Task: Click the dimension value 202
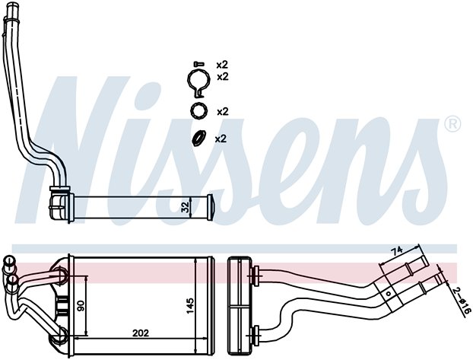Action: (x=141, y=333)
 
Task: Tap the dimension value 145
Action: (x=190, y=306)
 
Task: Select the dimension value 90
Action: (x=81, y=305)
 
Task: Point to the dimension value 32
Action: (x=186, y=207)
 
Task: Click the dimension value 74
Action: (x=396, y=251)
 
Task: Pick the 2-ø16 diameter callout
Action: (x=462, y=301)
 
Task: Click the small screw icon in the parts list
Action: (x=198, y=64)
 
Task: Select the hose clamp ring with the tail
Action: (x=198, y=82)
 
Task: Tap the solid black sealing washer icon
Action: (x=198, y=138)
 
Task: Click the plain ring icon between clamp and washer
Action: (x=198, y=111)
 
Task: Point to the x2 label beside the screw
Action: (x=222, y=65)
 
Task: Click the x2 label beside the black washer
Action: (x=221, y=139)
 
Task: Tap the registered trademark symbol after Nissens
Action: (x=452, y=123)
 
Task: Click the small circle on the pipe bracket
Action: (x=389, y=293)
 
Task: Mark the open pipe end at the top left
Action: (x=12, y=5)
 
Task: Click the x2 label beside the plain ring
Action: (x=223, y=112)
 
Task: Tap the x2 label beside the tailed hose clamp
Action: (x=223, y=77)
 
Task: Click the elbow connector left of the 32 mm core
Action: (x=59, y=205)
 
